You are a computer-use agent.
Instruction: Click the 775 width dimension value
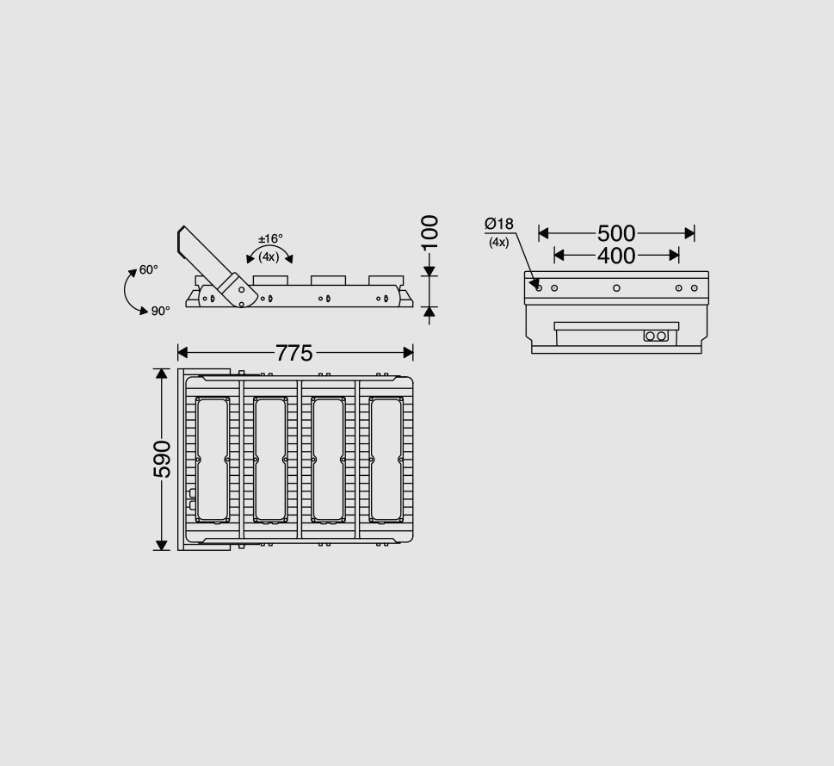(294, 353)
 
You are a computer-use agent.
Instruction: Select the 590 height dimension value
(161, 459)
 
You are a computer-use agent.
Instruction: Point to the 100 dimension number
(429, 232)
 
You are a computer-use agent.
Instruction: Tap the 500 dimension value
(616, 233)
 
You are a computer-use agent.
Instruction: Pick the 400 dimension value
(616, 256)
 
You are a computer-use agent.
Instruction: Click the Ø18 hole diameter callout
(499, 225)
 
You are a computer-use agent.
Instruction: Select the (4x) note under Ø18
(499, 243)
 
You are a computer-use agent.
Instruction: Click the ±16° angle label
(270, 239)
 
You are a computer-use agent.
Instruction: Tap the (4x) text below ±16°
(269, 256)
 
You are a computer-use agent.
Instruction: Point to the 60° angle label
(149, 270)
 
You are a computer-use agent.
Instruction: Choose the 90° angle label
(161, 311)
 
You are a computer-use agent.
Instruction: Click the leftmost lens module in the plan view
(212, 460)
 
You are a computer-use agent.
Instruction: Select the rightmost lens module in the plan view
(386, 460)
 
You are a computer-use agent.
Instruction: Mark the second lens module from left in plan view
(270, 460)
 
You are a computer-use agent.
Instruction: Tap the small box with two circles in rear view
(656, 336)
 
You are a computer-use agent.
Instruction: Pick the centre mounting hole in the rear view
(616, 287)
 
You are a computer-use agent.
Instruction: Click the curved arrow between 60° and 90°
(129, 293)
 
